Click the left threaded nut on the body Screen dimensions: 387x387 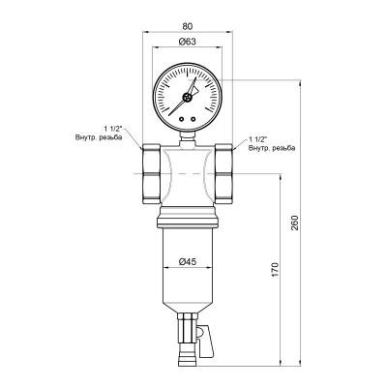point(153,173)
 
